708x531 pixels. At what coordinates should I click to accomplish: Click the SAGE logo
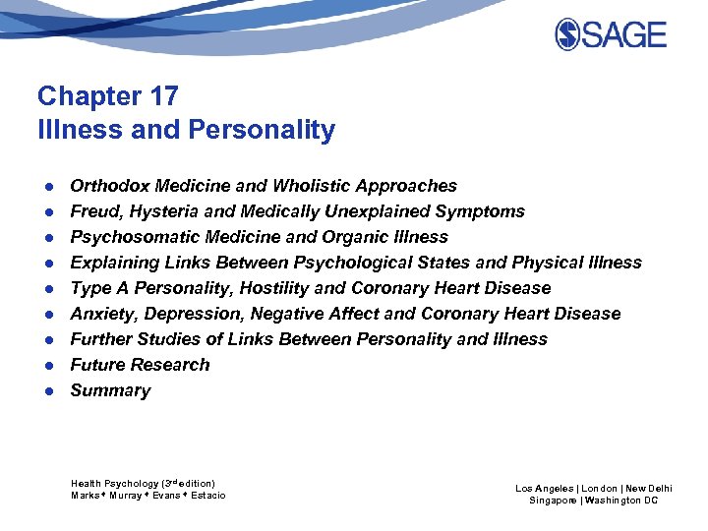pos(611,34)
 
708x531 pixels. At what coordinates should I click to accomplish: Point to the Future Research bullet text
pos(140,365)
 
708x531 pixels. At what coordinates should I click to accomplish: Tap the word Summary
pos(110,390)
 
